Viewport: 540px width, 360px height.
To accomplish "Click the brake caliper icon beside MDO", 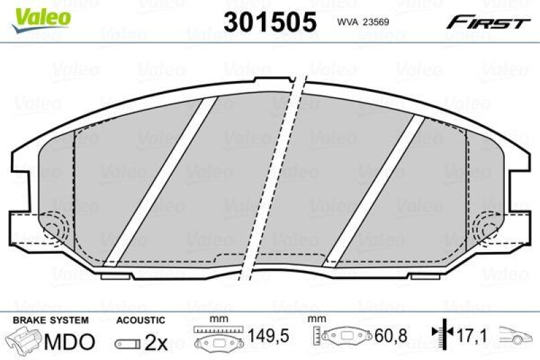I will pyautogui.click(x=23, y=342).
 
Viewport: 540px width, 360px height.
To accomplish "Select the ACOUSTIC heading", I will pyautogui.click(x=140, y=319).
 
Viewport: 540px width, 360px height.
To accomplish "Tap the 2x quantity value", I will pyautogui.click(x=156, y=342).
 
